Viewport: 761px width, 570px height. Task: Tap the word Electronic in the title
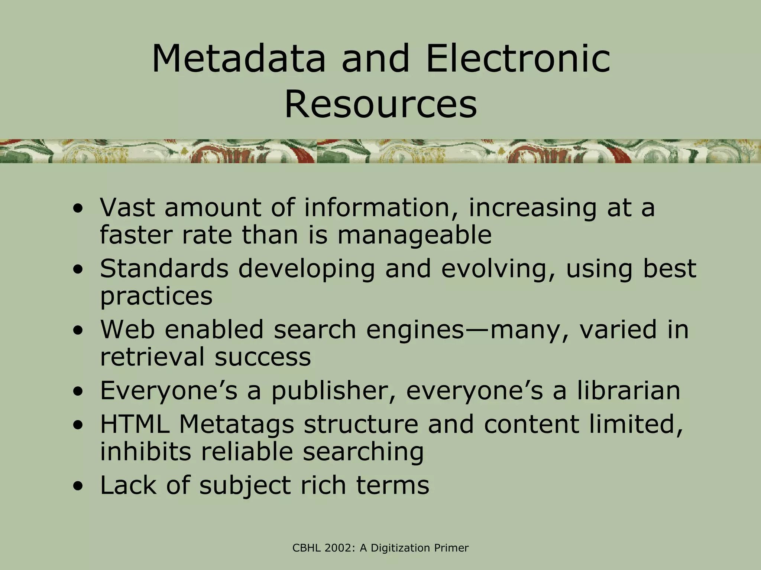[x=518, y=59]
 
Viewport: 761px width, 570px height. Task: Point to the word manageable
[x=414, y=235]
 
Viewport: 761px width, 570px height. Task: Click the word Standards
[x=164, y=269]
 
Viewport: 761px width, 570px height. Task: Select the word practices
[x=156, y=297]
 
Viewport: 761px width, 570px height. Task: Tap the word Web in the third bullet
[x=127, y=330]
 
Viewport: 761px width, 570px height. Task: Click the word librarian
[x=628, y=391]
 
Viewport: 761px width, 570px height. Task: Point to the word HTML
[x=135, y=424]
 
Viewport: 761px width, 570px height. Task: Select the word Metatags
[x=237, y=424]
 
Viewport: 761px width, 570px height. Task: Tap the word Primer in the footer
[x=451, y=548]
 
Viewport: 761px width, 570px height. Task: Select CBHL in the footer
[x=307, y=548]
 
